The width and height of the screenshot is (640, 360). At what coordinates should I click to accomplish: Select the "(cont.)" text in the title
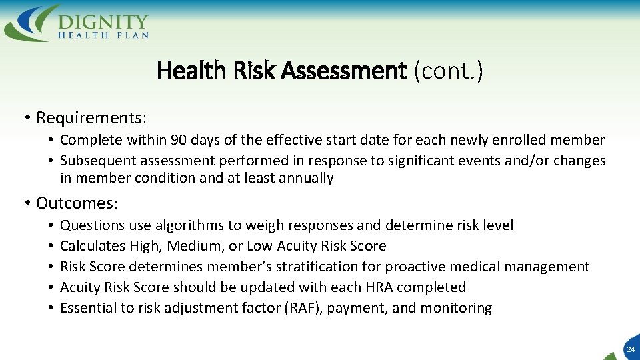[x=448, y=70]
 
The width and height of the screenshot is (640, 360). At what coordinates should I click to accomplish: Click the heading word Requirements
[x=89, y=118]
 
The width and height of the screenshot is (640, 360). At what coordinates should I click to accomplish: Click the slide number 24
[x=630, y=349]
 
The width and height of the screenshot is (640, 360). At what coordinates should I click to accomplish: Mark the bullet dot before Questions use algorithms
[x=51, y=225]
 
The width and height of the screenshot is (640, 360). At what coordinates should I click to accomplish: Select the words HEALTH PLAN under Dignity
[x=103, y=35]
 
